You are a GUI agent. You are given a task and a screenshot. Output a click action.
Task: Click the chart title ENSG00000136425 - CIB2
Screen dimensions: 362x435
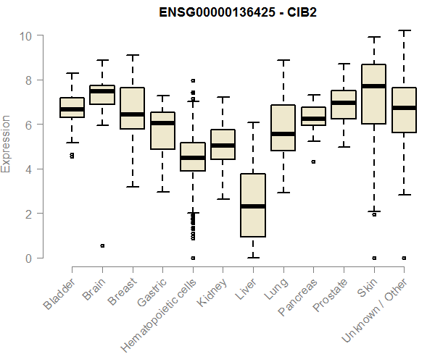239,12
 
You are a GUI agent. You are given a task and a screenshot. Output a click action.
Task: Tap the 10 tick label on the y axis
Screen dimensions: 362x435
26,35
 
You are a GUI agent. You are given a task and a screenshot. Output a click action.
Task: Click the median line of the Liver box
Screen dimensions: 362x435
253,206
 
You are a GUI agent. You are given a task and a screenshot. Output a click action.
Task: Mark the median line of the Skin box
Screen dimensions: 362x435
373,86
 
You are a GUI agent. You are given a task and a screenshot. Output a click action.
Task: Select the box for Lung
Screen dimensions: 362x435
283,127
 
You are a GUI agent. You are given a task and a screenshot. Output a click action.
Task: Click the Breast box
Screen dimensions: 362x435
132,108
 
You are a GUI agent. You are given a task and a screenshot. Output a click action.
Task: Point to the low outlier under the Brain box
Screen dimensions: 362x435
102,245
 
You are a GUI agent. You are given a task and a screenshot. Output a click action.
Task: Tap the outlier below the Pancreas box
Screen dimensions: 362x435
313,162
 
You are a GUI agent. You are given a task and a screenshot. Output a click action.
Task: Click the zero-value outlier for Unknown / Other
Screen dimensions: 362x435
404,258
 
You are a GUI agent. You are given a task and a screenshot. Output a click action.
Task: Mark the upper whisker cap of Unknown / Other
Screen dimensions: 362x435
404,31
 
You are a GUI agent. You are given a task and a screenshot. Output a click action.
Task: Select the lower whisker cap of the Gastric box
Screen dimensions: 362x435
162,192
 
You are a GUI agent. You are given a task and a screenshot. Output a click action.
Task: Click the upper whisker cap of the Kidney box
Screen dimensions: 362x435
223,97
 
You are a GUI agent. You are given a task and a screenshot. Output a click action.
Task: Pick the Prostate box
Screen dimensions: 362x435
344,104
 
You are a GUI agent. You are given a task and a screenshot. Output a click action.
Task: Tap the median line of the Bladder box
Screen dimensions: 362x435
72,109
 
